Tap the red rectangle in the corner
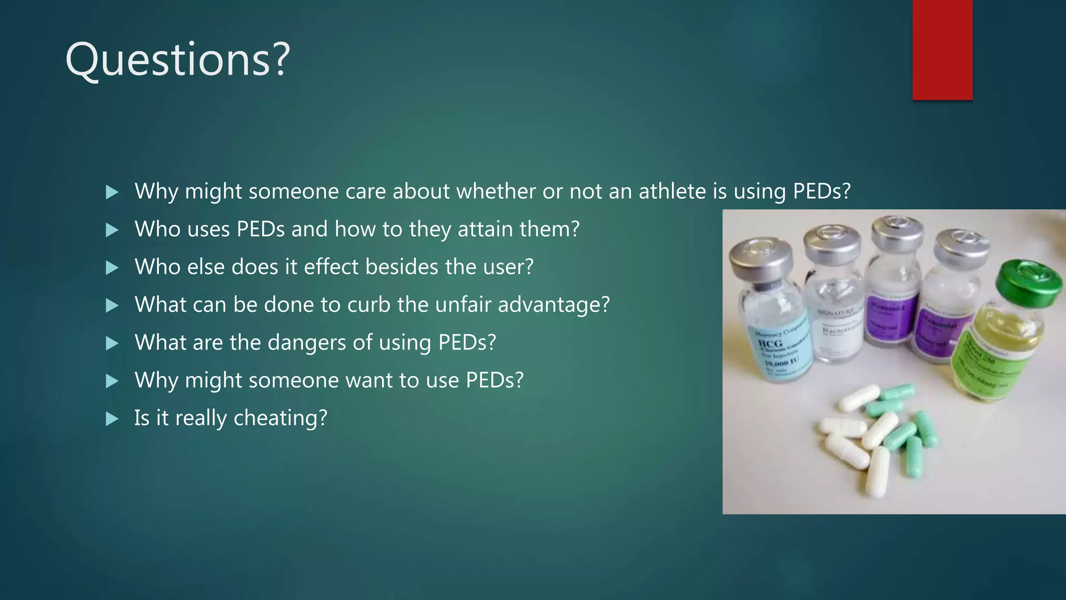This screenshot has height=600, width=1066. tap(942, 49)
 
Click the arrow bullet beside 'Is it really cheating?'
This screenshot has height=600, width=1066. tap(112, 419)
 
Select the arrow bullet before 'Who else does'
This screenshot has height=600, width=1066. tap(112, 268)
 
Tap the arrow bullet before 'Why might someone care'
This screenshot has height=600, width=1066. tap(112, 192)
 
